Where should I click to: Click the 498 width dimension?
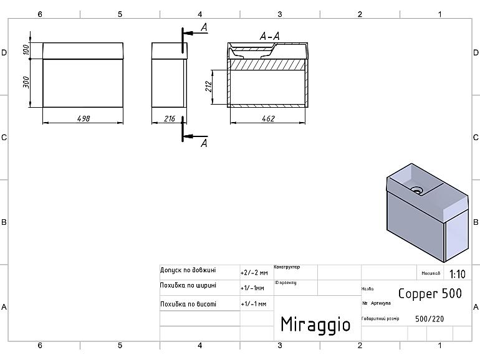click(82, 118)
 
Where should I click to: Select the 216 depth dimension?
click(169, 118)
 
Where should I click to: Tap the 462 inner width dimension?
click(268, 118)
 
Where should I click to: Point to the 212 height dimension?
click(209, 87)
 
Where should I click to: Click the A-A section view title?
click(269, 37)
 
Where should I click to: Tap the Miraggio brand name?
click(315, 324)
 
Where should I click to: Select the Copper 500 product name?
click(430, 293)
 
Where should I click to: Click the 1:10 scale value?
click(457, 273)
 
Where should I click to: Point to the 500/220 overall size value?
click(430, 318)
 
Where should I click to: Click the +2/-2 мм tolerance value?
click(254, 273)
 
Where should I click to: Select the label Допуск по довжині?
click(188, 270)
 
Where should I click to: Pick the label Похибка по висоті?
click(188, 304)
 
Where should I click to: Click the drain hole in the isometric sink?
click(416, 187)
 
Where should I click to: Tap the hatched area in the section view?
click(268, 64)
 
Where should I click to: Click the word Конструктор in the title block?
click(287, 267)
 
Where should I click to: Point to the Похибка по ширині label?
click(188, 285)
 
